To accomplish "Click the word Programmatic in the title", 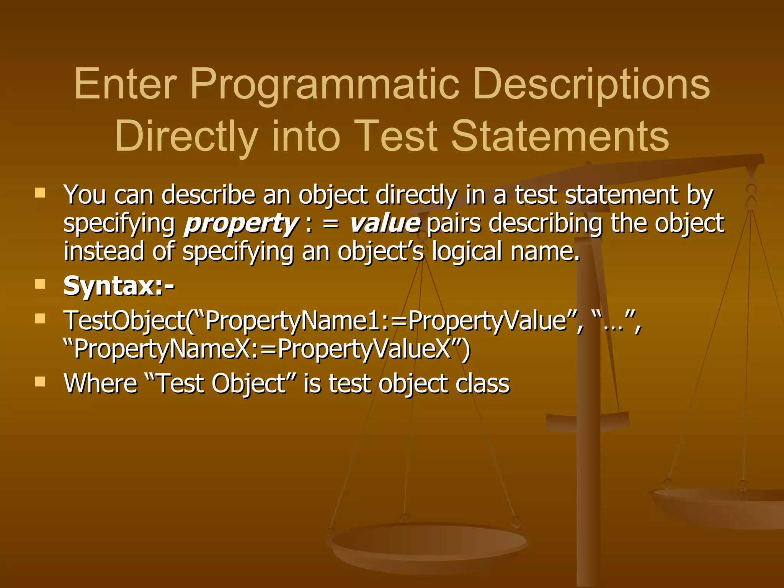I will click(324, 84).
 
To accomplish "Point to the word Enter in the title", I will click(126, 84).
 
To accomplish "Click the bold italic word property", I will click(240, 224).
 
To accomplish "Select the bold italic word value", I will click(385, 224).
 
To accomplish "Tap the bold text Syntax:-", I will click(119, 286).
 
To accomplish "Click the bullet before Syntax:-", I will click(40, 284).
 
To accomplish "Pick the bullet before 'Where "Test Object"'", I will click(40, 381).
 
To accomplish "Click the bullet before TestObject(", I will click(40, 318).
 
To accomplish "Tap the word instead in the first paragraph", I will click(104, 252).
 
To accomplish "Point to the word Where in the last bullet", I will click(101, 384).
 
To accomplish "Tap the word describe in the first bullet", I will click(208, 195).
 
